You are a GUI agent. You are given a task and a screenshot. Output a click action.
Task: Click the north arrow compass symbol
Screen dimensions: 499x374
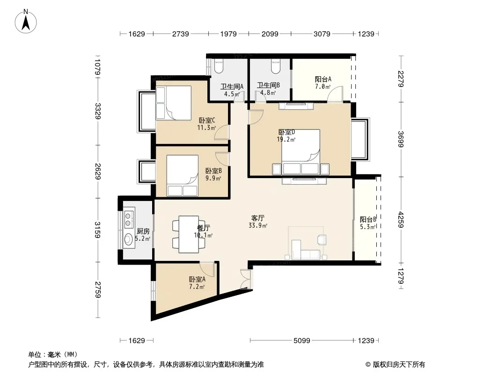(x=26, y=22)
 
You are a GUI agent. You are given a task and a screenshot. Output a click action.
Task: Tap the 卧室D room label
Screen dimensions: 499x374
(x=286, y=132)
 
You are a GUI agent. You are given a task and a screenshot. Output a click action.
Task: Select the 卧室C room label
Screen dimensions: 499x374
(x=207, y=121)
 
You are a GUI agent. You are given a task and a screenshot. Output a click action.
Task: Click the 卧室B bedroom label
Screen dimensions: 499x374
(x=213, y=171)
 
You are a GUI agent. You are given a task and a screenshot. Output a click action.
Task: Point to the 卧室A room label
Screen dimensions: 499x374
(x=198, y=279)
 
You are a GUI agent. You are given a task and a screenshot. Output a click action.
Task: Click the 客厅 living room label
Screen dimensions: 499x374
(x=258, y=218)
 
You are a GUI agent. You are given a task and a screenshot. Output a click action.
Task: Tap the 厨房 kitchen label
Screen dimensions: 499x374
(x=143, y=231)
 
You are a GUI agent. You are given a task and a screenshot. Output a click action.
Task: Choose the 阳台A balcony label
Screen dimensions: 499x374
(x=323, y=79)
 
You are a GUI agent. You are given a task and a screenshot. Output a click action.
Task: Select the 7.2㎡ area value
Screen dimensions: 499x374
(x=197, y=287)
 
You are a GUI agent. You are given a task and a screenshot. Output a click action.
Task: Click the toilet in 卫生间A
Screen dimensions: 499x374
(x=219, y=66)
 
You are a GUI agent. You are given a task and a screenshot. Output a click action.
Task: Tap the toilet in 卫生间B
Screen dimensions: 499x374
(x=276, y=66)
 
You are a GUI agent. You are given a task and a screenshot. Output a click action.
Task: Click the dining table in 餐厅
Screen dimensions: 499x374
(x=189, y=234)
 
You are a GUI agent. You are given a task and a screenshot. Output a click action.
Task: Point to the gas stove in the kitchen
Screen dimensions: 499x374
(x=129, y=217)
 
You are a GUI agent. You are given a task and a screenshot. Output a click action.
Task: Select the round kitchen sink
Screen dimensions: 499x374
(x=129, y=239)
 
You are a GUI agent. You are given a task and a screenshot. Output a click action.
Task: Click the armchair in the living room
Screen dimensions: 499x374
(x=322, y=239)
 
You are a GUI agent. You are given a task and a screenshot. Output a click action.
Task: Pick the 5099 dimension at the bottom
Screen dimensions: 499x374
(x=301, y=341)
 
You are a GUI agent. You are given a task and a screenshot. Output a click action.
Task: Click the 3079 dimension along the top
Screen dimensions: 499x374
(x=322, y=34)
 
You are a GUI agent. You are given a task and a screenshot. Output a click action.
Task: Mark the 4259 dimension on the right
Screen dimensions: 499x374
(x=401, y=220)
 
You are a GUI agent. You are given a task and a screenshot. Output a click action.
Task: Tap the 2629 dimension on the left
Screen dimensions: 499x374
(x=98, y=171)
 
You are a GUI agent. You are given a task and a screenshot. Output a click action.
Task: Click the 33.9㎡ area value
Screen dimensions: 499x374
(x=258, y=226)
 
